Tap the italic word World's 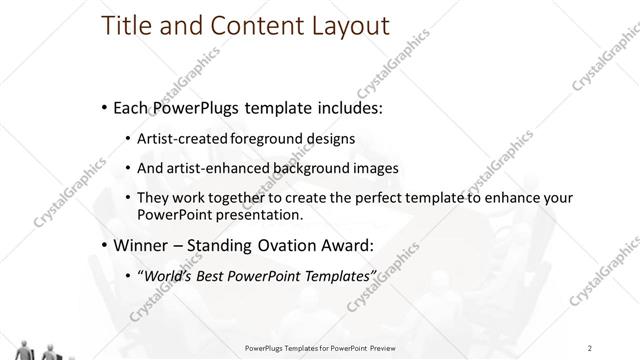click(x=169, y=275)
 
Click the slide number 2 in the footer click(x=590, y=348)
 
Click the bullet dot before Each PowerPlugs click(x=106, y=106)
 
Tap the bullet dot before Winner click(x=106, y=243)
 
